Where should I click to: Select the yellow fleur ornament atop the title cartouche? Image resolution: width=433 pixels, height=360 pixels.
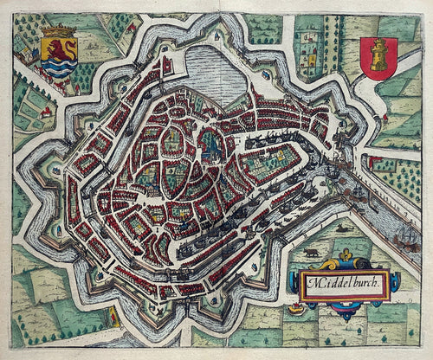pyautogui.click(x=345, y=257)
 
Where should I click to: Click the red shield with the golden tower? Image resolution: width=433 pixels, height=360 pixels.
pyautogui.click(x=378, y=58)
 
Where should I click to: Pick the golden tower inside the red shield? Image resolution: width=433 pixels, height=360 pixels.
pyautogui.click(x=378, y=56)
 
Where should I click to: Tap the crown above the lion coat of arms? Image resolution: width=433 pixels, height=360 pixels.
pyautogui.click(x=57, y=32)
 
